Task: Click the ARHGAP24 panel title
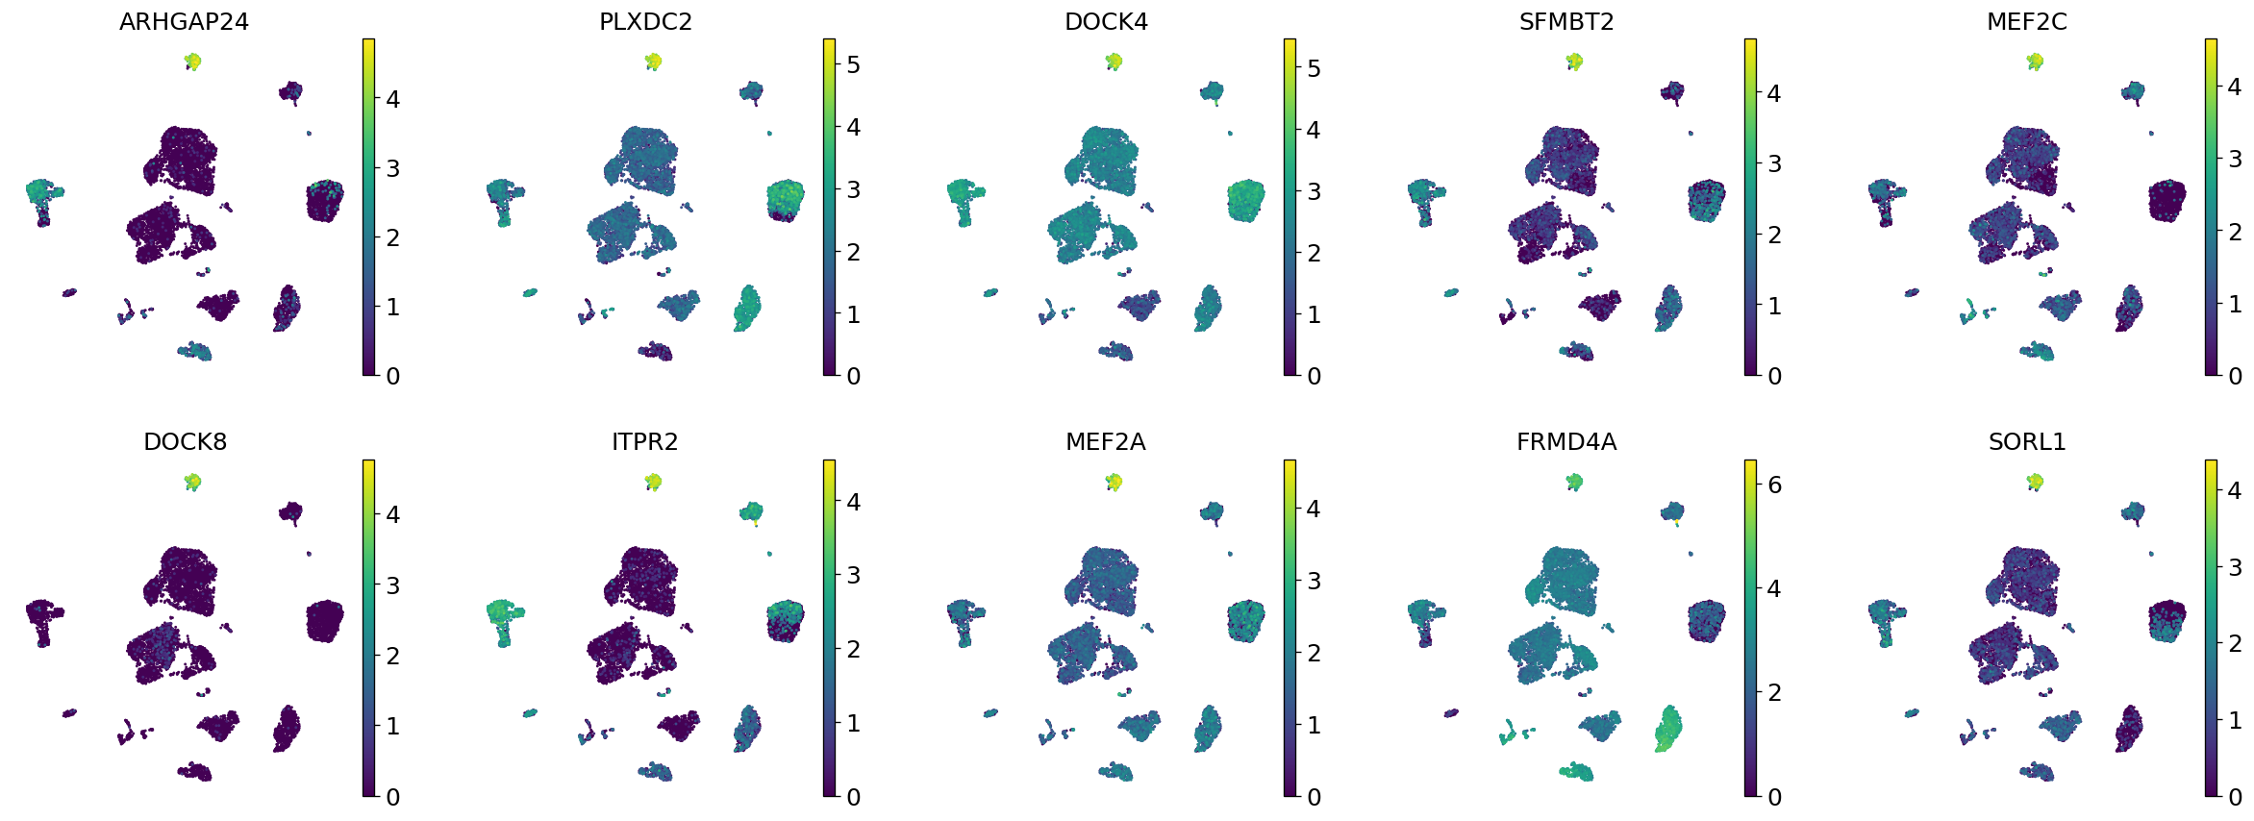184,22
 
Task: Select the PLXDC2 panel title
645,22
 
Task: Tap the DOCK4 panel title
1106,22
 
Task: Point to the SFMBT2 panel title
1566,22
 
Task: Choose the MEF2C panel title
2027,22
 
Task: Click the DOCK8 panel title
185,442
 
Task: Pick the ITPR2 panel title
645,442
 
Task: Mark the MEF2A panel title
1106,442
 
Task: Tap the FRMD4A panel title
1566,442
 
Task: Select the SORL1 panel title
2027,442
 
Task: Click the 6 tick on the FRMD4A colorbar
1774,485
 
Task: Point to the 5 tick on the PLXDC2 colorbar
853,65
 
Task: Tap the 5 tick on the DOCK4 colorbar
1314,68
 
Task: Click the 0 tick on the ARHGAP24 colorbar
392,376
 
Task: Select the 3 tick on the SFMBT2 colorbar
1774,164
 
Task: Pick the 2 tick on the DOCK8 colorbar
392,657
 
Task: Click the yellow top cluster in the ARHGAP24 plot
192,62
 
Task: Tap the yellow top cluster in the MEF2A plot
1114,482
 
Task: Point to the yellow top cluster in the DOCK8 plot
192,482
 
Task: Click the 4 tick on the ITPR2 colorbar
853,502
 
